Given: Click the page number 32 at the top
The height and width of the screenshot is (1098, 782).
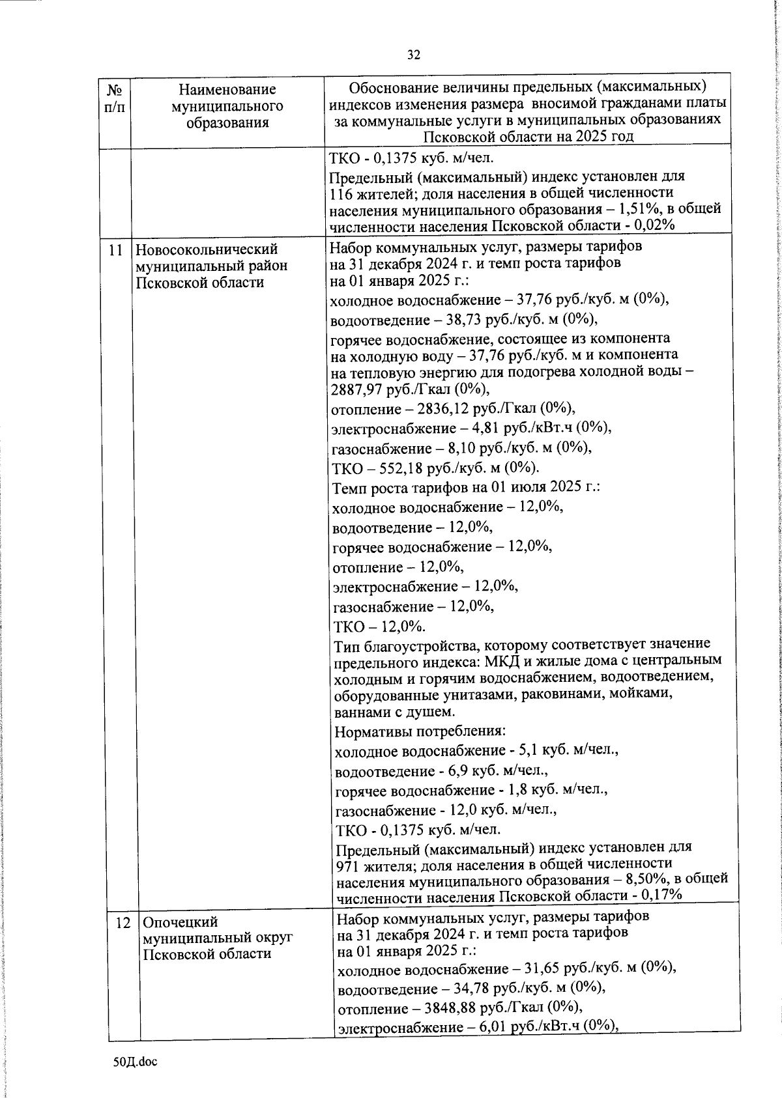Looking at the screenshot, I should pos(414,55).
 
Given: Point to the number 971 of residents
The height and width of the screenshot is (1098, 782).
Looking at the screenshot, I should pos(346,866).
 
